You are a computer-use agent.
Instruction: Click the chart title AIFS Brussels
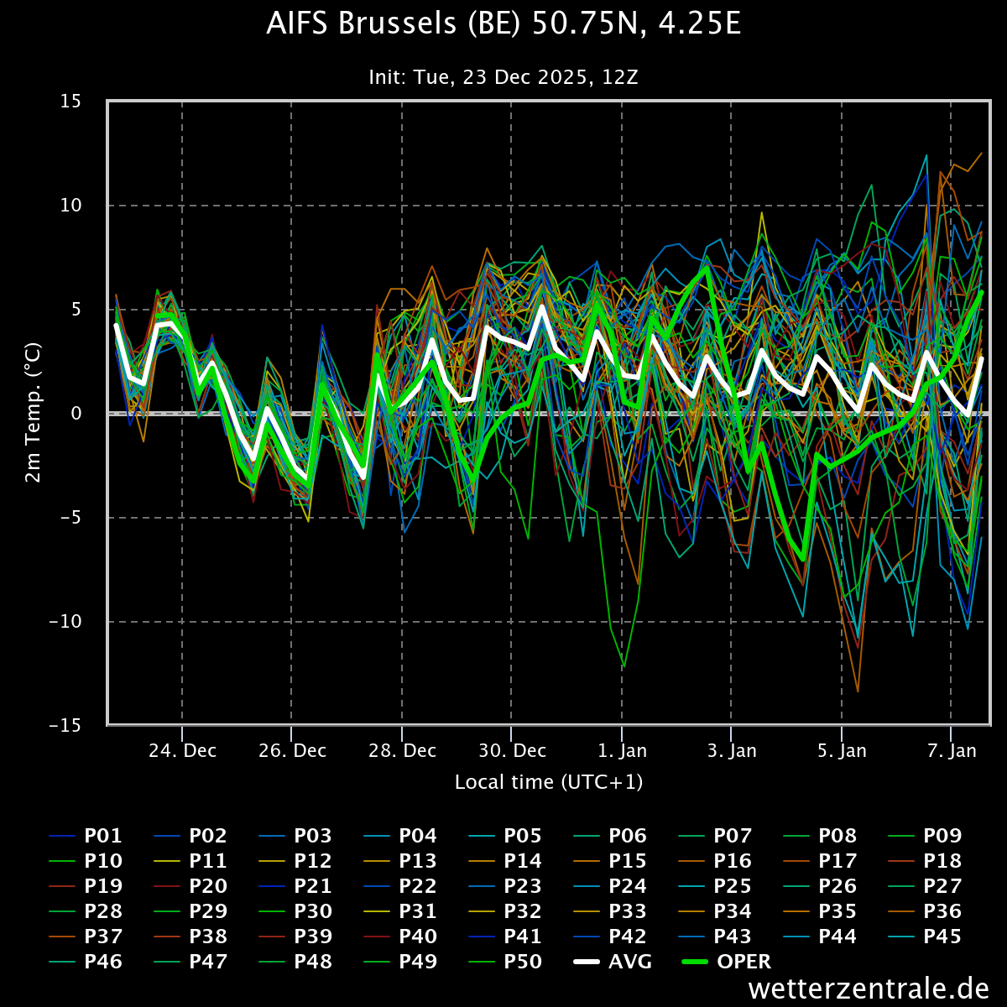coord(503,25)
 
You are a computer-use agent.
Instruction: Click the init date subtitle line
coord(503,77)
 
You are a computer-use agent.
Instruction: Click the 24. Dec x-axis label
coord(182,750)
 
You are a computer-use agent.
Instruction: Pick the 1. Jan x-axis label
coord(622,750)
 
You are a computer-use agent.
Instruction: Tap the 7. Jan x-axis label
coord(952,750)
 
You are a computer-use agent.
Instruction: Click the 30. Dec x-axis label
coord(512,750)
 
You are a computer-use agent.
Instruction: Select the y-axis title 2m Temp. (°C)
coord(33,413)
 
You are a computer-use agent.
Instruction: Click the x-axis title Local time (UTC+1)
coord(549,782)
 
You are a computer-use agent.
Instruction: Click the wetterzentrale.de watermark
coord(869,989)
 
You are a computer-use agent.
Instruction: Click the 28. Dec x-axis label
coord(402,750)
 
